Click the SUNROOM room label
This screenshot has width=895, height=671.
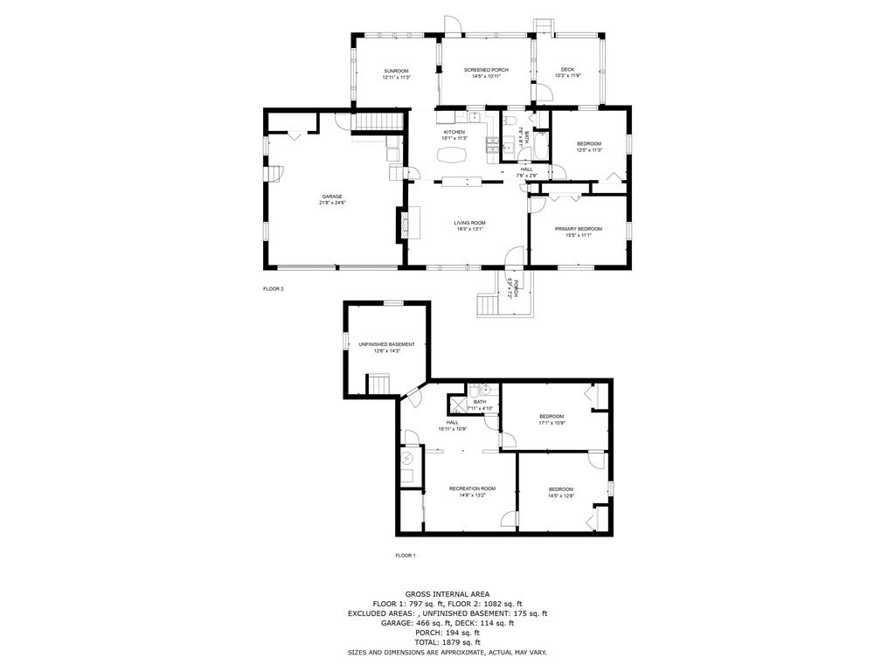click(396, 70)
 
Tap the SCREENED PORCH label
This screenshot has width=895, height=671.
click(486, 70)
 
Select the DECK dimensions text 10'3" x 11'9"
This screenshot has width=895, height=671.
click(568, 76)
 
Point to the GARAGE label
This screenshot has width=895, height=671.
click(332, 196)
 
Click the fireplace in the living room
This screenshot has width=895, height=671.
click(404, 223)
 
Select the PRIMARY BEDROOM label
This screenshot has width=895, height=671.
click(579, 229)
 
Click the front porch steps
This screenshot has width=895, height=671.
click(486, 305)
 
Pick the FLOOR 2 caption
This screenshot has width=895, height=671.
click(274, 288)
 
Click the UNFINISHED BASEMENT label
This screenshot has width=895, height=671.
click(386, 344)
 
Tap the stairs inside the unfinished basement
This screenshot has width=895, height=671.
click(378, 384)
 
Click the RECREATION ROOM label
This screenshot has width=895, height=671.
click(472, 488)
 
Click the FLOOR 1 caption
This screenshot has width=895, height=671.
click(406, 556)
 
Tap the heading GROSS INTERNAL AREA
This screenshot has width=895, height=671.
click(447, 593)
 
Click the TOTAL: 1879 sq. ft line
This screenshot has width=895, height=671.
click(447, 642)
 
